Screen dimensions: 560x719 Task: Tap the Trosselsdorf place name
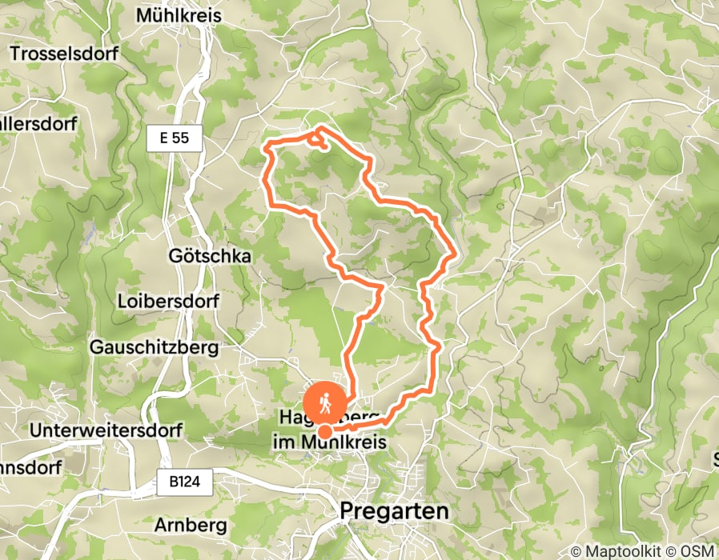[64, 54]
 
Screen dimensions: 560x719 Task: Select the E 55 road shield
[174, 138]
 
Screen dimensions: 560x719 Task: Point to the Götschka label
[211, 256]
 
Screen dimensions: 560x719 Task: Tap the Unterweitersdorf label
[106, 430]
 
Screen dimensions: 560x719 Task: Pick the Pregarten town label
[394, 510]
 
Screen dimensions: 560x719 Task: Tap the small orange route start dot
[326, 432]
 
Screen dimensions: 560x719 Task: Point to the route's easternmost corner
[455, 255]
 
